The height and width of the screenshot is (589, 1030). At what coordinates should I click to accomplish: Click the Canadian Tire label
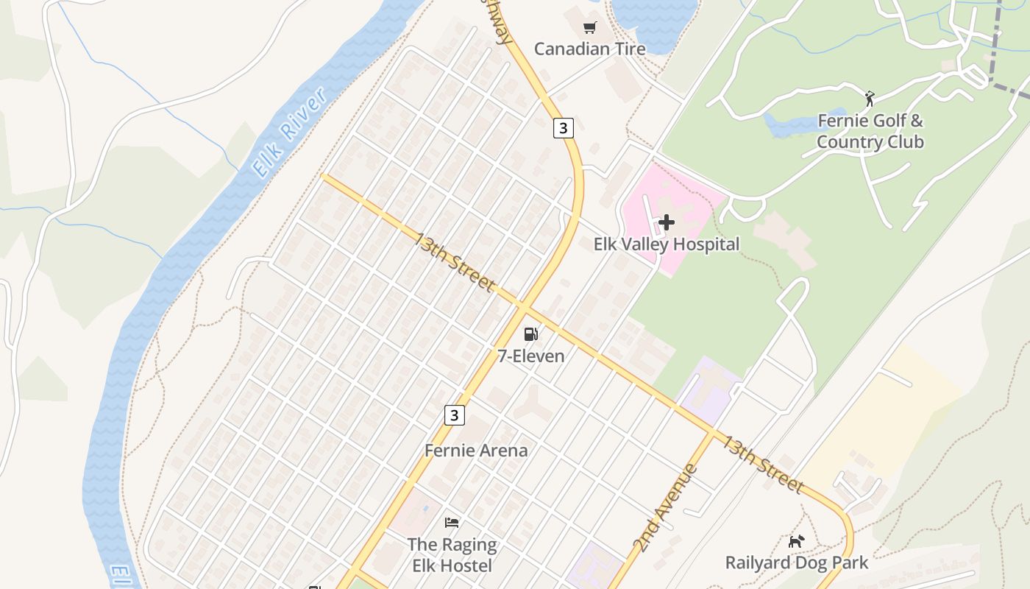(589, 49)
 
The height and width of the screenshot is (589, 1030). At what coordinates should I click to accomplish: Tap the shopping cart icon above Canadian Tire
(589, 28)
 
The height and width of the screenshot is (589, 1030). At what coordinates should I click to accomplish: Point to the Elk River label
(288, 133)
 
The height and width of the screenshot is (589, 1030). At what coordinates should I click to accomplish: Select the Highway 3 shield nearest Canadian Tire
(563, 128)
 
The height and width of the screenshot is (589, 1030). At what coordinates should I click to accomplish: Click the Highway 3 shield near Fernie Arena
(455, 415)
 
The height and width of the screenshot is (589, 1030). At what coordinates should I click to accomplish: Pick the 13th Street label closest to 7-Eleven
(453, 261)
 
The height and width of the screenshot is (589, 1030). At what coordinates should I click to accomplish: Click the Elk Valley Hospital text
(666, 244)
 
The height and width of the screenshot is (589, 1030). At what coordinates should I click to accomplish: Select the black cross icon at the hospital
(667, 222)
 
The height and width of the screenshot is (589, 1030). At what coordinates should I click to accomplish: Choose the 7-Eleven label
(531, 356)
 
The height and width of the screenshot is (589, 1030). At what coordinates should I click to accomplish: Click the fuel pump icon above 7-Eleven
(531, 334)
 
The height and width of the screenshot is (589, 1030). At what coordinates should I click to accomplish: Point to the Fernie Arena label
(476, 450)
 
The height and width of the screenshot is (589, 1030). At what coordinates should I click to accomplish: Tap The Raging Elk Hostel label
(452, 555)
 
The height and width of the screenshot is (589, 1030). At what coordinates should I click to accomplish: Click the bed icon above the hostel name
(452, 523)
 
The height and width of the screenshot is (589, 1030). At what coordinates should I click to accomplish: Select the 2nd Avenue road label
(664, 508)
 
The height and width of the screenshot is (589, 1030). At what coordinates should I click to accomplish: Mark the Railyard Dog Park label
(796, 562)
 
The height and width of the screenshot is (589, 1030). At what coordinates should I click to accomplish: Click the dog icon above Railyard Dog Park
(796, 542)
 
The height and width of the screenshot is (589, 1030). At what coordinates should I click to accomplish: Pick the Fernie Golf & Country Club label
(870, 131)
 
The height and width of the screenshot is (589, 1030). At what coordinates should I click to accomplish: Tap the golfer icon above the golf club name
(870, 98)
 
